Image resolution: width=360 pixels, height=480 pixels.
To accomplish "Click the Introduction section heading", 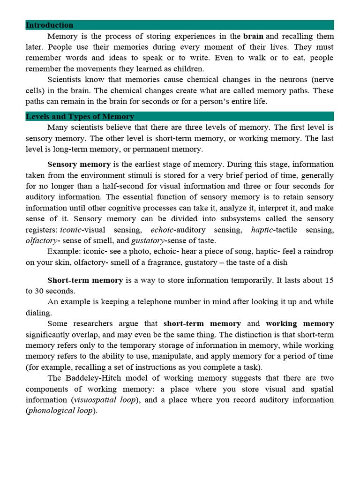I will pos(49,25).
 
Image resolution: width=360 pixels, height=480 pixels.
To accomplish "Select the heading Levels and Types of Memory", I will pos(80,117).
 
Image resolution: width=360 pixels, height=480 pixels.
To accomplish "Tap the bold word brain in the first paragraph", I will pos(253,36).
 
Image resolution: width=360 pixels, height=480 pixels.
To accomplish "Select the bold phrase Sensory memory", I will pos(79,165).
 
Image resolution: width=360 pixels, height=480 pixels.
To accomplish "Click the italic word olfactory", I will pos(41,240).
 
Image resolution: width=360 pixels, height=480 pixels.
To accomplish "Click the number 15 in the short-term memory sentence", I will pos(329,280).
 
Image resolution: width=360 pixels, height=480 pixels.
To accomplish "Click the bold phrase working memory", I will pos(300,324).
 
